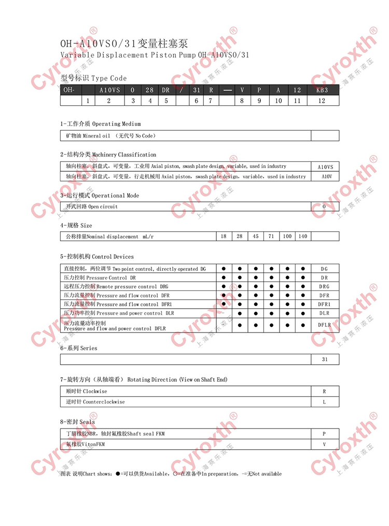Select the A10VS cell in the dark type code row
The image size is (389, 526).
tap(109, 90)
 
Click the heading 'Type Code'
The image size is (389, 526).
tap(109, 78)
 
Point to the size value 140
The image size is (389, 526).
tap(303, 237)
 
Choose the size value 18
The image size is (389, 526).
tap(224, 237)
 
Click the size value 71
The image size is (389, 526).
tap(271, 237)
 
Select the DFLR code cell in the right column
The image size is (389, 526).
tap(325, 325)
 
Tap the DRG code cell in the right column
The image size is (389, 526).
tap(325, 286)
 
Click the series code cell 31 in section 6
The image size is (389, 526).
tap(325, 359)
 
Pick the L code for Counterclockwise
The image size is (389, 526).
tap(325, 402)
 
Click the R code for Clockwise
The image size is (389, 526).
tap(325, 391)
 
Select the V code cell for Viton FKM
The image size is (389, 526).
tap(325, 445)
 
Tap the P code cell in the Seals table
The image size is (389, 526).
tap(325, 434)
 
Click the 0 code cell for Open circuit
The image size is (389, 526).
tap(325, 206)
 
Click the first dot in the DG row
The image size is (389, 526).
tap(224, 269)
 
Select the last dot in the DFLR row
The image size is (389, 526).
tap(303, 325)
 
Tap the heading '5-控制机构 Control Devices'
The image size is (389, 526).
tap(97, 256)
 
